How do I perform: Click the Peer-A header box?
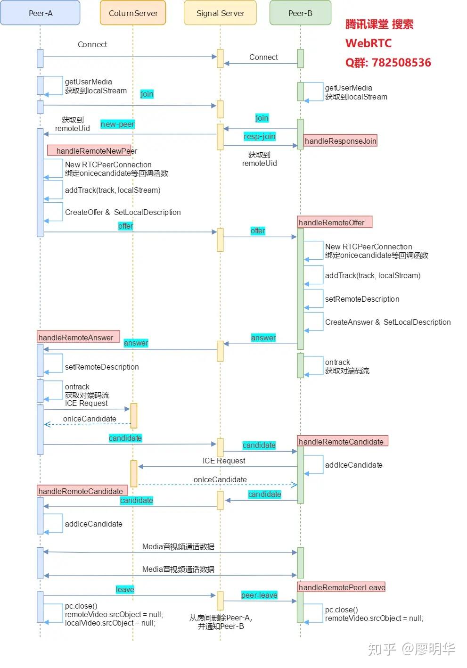point(40,13)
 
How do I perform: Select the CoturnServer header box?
point(133,13)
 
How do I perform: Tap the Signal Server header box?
point(220,13)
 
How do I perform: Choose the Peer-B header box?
point(300,13)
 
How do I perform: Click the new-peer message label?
point(117,124)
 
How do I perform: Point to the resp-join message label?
point(259,136)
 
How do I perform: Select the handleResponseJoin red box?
point(340,141)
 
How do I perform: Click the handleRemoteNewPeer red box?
point(92,151)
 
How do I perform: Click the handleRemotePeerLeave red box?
point(342,587)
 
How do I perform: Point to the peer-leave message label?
point(259,595)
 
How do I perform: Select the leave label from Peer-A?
point(125,589)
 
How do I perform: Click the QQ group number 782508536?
point(401,63)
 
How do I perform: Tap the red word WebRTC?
point(369,43)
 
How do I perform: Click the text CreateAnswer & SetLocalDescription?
point(387,322)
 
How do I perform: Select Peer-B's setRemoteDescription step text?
point(362,299)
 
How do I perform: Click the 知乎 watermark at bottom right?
point(382,649)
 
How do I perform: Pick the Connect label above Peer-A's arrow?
point(92,44)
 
